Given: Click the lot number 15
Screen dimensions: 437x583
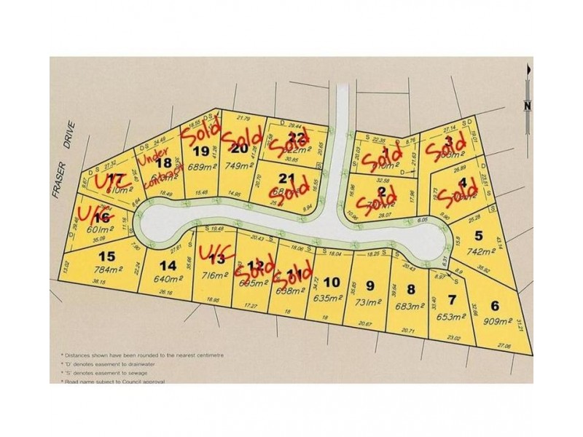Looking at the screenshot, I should click(x=107, y=256).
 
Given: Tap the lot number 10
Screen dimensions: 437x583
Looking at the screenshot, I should click(x=332, y=283).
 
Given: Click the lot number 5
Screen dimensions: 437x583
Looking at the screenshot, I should click(x=479, y=235).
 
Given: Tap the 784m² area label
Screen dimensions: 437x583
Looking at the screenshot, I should click(x=107, y=268).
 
